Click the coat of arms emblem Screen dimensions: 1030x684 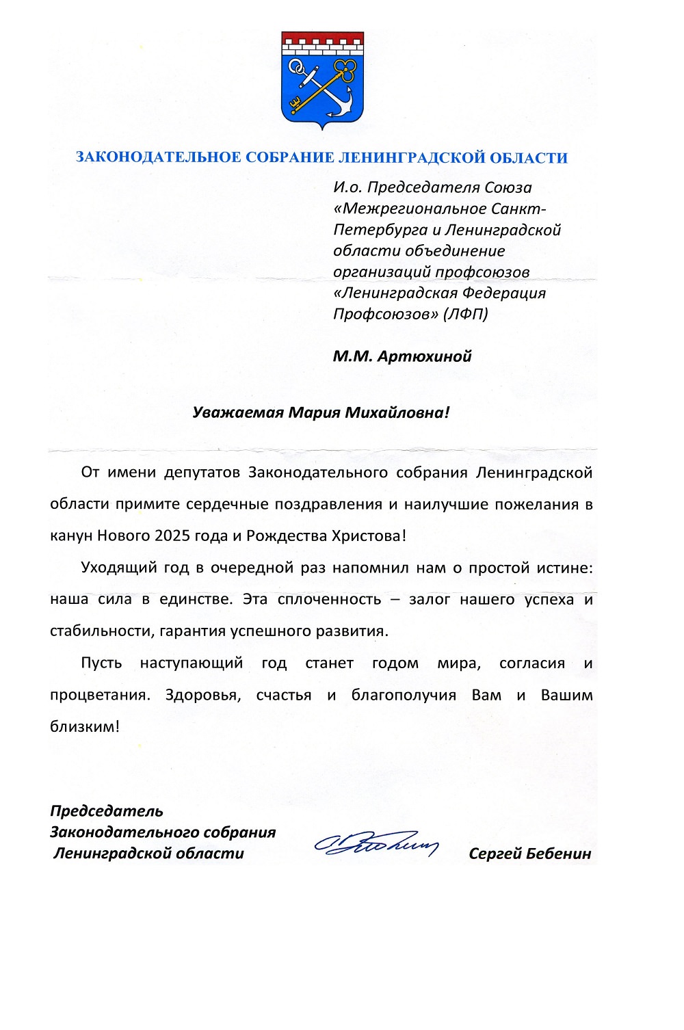tap(322, 79)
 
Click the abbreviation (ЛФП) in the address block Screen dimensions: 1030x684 tap(466, 314)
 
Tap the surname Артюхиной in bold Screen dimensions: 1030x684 tap(424, 356)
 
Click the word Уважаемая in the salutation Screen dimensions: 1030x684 tap(237, 412)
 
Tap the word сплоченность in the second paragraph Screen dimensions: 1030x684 tap(330, 600)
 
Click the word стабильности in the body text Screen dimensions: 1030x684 tap(102, 631)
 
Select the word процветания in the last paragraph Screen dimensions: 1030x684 tap(99, 696)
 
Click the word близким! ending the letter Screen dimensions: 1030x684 tap(85, 727)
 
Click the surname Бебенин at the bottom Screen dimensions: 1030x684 tap(560, 854)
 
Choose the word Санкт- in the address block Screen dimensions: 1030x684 tap(521, 209)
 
